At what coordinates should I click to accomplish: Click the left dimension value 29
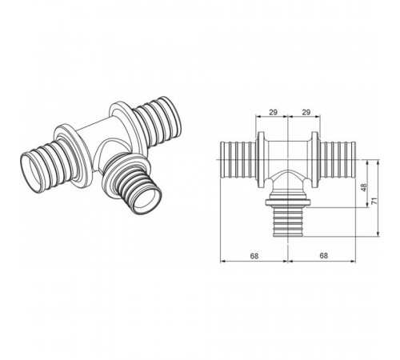(x=273, y=112)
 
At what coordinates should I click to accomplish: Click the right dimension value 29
(x=306, y=112)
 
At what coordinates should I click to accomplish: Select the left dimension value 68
(x=254, y=256)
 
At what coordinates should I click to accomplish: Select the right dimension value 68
(x=323, y=256)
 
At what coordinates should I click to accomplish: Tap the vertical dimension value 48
(x=364, y=187)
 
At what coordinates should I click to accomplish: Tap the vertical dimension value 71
(x=374, y=201)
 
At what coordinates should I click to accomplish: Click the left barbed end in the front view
(x=238, y=159)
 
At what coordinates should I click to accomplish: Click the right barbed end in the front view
(x=338, y=159)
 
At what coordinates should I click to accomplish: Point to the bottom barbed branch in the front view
(x=288, y=222)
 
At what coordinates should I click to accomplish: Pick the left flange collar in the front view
(x=261, y=160)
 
